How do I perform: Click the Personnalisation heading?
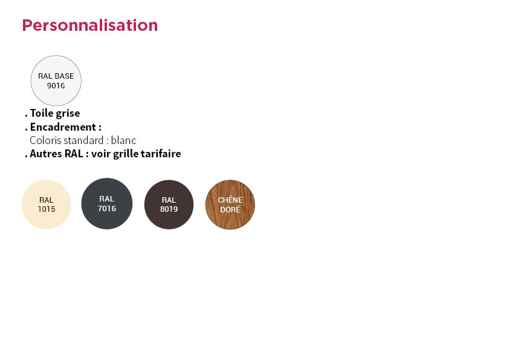[90, 25]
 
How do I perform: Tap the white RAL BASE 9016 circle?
[56, 80]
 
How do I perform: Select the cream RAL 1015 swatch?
[47, 205]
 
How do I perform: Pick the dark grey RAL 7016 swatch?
[107, 203]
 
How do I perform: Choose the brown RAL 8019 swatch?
[169, 205]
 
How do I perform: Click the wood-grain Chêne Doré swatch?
[230, 205]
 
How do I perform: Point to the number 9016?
[56, 86]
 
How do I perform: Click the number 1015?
[47, 209]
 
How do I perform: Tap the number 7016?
[107, 209]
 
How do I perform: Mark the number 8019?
[169, 209]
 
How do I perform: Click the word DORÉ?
[230, 209]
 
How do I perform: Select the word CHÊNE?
[230, 200]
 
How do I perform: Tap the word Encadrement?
[63, 127]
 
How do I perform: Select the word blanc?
[124, 140]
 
